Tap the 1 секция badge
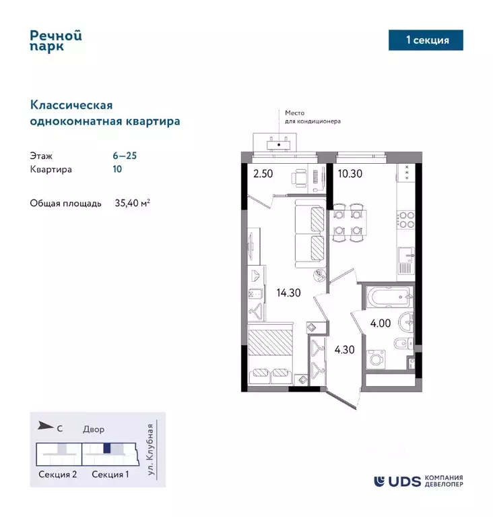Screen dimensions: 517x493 point(427,40)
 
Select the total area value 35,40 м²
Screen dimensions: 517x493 point(132,203)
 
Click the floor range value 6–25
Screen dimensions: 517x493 point(125,155)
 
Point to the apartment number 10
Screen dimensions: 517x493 point(118,169)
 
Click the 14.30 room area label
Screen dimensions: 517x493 point(288,293)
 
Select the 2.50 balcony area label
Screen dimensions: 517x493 point(263,173)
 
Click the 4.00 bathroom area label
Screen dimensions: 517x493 point(380,323)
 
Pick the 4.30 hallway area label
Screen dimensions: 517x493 point(345,350)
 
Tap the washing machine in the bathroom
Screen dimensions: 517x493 point(375,359)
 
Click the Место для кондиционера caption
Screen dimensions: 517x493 point(313,118)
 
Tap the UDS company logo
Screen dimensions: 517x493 point(418,481)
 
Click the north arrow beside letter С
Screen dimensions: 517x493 point(45,425)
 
